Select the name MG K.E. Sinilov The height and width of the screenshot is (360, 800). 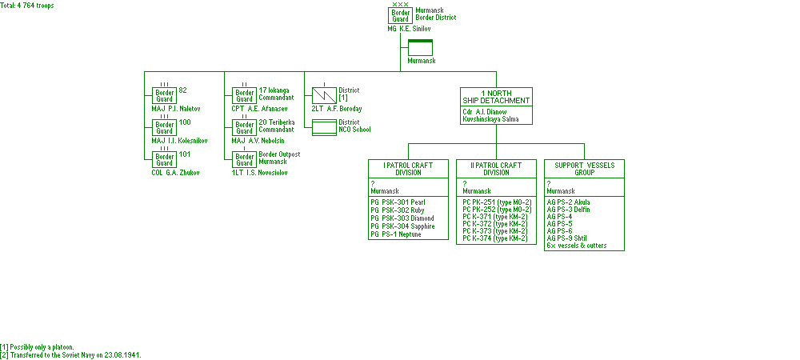coord(413,29)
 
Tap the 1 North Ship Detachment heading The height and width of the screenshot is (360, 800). coord(496,96)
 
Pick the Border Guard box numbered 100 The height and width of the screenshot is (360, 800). coord(165,128)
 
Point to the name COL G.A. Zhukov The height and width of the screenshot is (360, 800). coord(176,173)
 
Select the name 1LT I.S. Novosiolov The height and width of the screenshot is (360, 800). coord(260,173)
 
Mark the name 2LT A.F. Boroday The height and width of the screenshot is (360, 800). coord(337,109)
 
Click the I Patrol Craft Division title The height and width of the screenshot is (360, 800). coord(408,168)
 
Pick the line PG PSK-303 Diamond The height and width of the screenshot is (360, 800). coord(403,218)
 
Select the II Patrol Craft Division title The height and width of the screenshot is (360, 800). coord(496,168)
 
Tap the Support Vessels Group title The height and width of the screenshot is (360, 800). coord(584,168)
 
